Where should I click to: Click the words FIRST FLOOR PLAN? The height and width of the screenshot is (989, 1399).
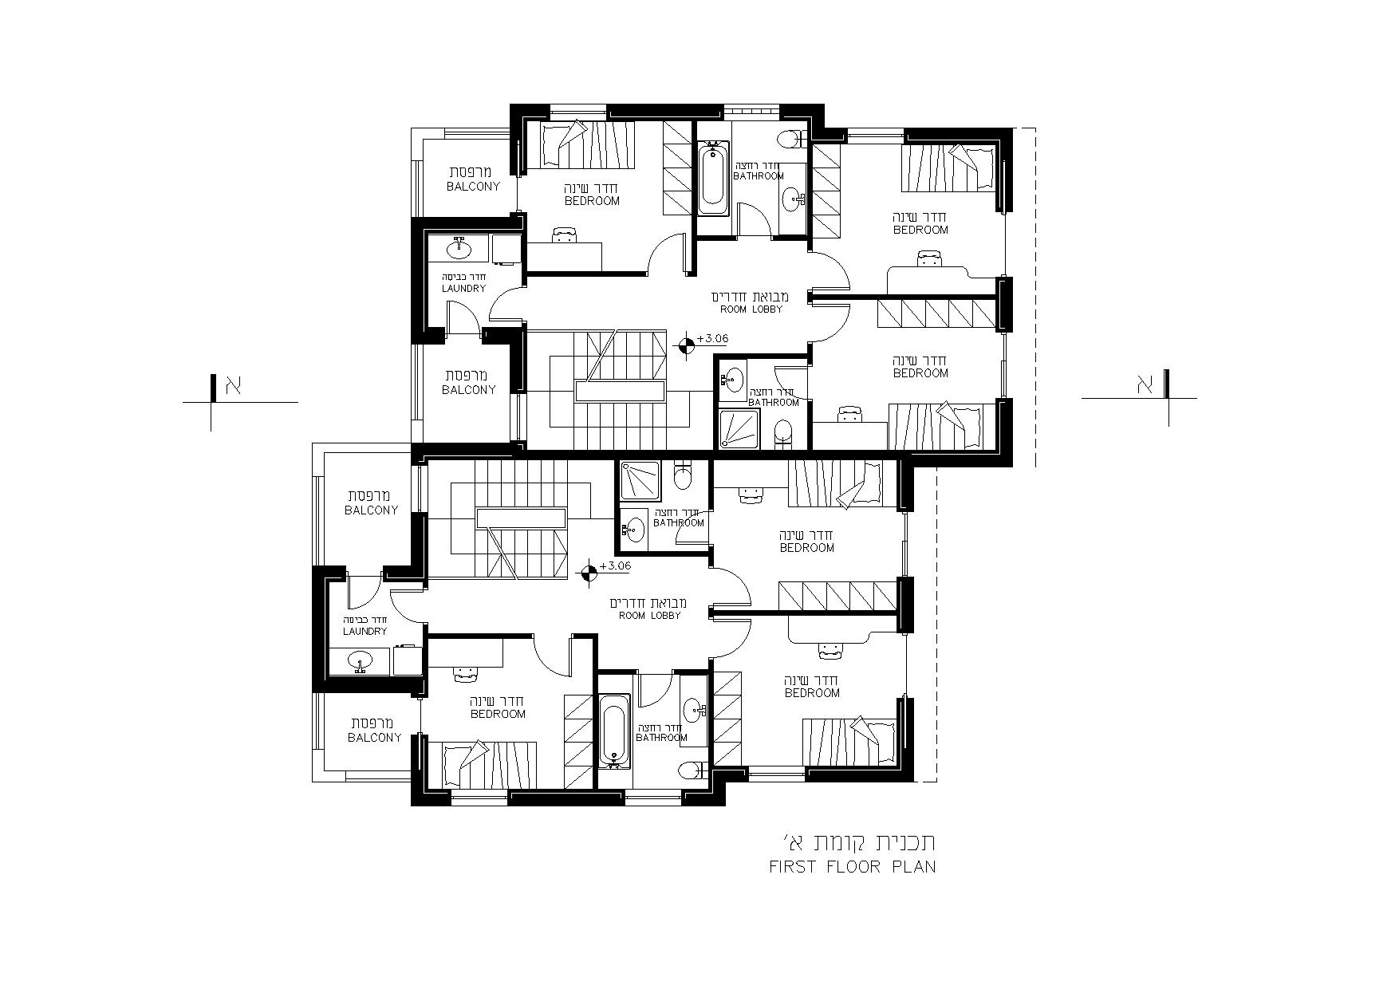852,867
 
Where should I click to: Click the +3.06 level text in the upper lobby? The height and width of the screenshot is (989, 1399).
712,338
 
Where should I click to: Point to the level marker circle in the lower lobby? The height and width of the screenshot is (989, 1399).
588,572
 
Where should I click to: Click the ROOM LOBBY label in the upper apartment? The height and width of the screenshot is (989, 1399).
751,309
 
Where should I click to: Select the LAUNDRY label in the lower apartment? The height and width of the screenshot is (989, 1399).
365,631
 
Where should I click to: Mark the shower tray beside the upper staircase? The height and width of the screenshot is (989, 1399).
739,428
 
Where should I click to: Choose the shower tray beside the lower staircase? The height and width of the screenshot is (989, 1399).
640,481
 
